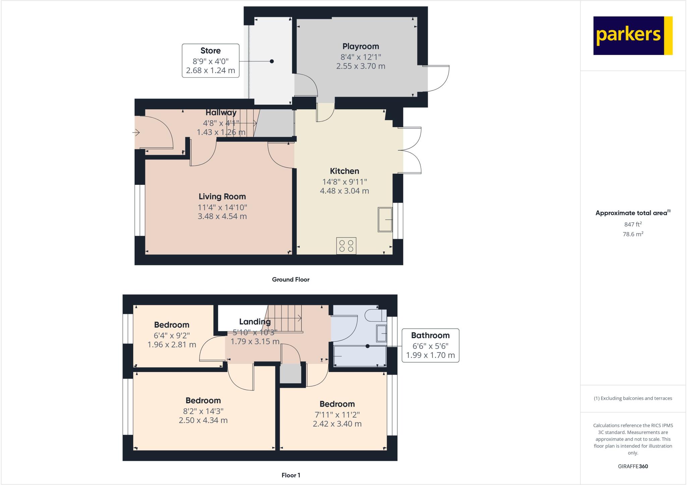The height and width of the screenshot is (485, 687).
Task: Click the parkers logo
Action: click(633, 36)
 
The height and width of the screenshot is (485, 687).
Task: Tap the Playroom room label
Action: click(361, 46)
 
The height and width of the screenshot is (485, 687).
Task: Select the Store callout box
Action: click(210, 61)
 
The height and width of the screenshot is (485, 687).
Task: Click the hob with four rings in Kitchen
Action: click(346, 246)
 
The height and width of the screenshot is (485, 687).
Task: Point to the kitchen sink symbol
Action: click(385, 220)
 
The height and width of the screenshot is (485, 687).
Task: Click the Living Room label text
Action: click(222, 197)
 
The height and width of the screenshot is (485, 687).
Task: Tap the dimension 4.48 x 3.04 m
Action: click(345, 191)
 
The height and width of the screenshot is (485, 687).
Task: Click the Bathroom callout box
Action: click(430, 345)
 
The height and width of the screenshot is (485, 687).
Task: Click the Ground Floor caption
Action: click(290, 279)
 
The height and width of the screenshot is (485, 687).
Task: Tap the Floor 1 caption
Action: click(290, 475)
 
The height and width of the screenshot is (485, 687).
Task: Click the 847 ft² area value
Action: click(633, 224)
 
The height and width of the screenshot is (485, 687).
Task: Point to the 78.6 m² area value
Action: click(633, 234)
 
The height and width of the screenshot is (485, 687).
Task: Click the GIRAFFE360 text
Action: click(633, 466)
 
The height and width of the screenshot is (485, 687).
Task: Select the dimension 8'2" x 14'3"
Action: click(203, 411)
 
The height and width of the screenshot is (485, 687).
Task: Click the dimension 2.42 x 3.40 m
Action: click(337, 424)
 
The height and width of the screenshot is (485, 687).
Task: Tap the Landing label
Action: click(255, 322)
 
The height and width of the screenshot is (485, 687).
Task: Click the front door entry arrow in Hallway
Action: click(136, 133)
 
